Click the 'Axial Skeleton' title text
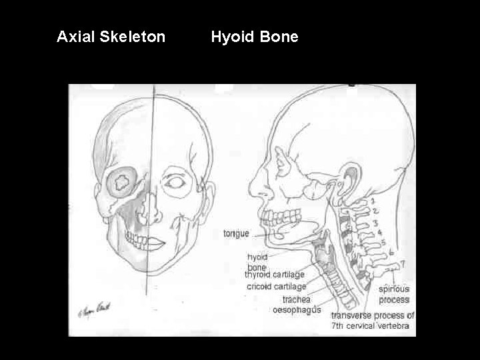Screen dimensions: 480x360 click(x=111, y=37)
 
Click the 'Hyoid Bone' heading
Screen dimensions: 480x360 click(x=255, y=37)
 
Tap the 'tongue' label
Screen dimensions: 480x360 click(x=236, y=233)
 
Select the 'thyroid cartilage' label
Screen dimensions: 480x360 click(x=275, y=274)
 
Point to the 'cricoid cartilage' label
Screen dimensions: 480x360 click(x=277, y=286)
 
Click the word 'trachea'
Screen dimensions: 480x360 click(x=296, y=299)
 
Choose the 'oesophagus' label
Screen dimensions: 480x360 click(x=297, y=310)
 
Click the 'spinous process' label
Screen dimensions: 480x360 click(x=394, y=295)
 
